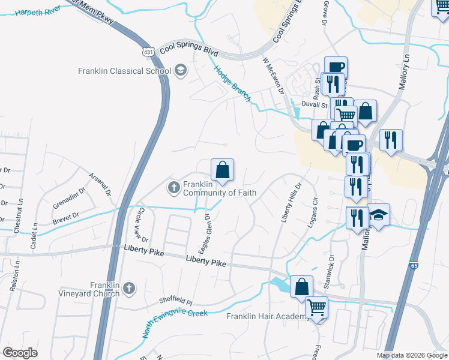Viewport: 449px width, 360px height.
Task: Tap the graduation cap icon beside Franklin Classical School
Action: pos(180,71)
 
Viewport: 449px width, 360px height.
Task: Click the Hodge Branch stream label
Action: pos(232,84)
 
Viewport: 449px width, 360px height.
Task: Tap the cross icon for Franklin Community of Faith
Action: pos(173,188)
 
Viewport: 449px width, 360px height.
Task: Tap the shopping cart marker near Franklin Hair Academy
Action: pos(316,308)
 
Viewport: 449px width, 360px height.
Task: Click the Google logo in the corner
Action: pos(20,353)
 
